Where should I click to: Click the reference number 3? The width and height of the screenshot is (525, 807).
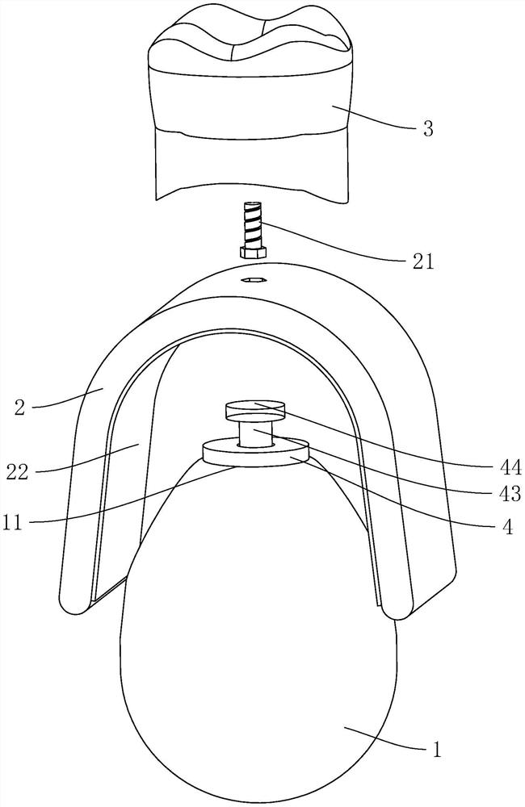click(427, 128)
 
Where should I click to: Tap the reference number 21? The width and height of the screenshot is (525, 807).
click(422, 262)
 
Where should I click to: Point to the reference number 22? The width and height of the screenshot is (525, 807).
click(17, 472)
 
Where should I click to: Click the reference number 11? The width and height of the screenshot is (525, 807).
click(14, 523)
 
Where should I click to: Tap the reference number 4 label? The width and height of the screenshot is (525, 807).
click(507, 526)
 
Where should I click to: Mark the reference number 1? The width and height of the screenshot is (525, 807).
click(437, 750)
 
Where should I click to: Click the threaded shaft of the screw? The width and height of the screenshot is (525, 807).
click(253, 223)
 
